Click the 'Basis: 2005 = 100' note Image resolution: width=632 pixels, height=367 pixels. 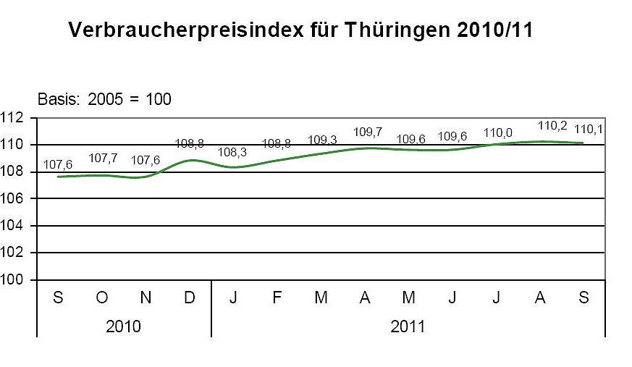tap(104, 99)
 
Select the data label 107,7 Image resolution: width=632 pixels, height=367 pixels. tap(102, 158)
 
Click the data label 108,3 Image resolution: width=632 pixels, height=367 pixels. tap(233, 153)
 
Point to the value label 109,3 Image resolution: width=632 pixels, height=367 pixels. tap(322, 140)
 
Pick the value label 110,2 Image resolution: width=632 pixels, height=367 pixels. tap(552, 125)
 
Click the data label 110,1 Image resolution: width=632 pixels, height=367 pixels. tap(589, 130)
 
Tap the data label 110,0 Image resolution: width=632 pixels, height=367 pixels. tap(497, 132)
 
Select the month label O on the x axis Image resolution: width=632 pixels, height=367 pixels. tap(102, 298)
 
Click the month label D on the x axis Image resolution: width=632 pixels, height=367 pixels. tap(190, 298)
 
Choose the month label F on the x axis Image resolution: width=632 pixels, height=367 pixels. tap(277, 298)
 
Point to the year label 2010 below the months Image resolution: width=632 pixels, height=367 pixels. tap(124, 326)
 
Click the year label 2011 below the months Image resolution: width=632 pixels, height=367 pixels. tap(408, 326)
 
